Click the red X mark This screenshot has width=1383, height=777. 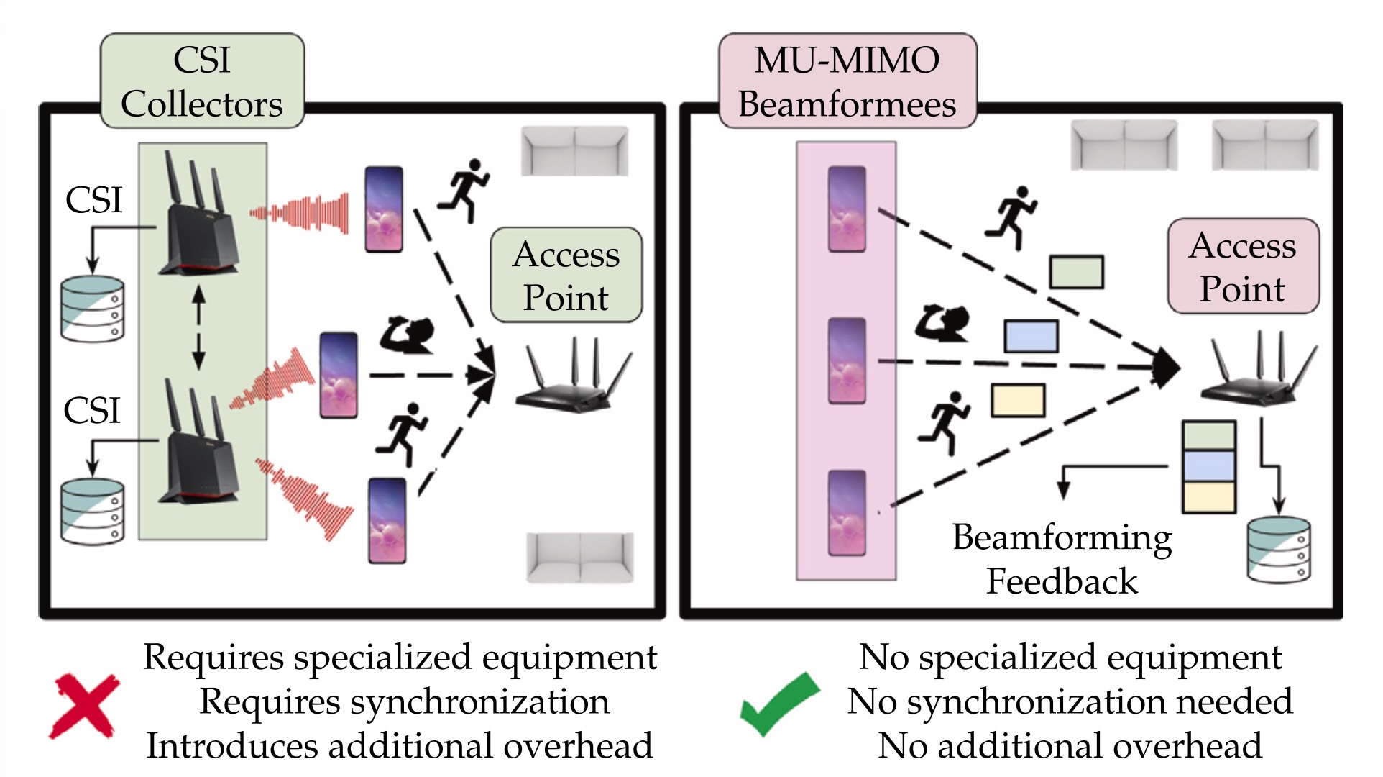point(84,706)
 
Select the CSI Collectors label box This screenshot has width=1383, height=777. point(202,81)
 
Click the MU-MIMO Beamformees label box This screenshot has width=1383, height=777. point(847,81)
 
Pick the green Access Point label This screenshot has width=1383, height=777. point(566,275)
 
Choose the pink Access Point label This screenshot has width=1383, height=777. point(1243,266)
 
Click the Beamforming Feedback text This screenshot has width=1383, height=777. point(1062,559)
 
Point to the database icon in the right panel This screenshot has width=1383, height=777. point(1279,548)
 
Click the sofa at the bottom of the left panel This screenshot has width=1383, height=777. point(580,557)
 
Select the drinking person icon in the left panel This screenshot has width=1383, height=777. point(407,335)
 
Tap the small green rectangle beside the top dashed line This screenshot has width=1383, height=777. point(1076,272)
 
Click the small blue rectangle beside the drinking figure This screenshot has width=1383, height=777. point(1031,336)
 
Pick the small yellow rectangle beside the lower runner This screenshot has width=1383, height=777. point(1018,401)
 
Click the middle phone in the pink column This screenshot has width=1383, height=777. point(847,361)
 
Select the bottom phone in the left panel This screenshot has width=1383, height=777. point(387,521)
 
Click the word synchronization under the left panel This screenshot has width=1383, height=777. point(479,701)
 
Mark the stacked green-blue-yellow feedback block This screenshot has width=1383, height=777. point(1209,467)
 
